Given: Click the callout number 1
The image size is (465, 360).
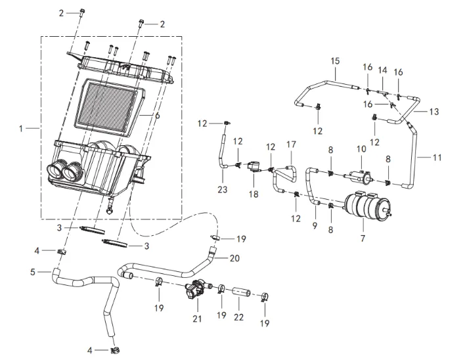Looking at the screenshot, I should [x=21, y=129].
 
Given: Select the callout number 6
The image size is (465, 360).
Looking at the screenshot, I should [x=158, y=115].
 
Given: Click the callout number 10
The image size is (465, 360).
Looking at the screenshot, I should [x=360, y=150].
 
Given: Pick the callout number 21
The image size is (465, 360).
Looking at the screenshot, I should [x=196, y=319].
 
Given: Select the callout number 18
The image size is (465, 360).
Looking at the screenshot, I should [x=255, y=194].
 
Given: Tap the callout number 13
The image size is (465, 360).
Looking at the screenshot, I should [x=433, y=112].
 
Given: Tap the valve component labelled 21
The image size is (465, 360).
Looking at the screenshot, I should [x=196, y=291].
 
